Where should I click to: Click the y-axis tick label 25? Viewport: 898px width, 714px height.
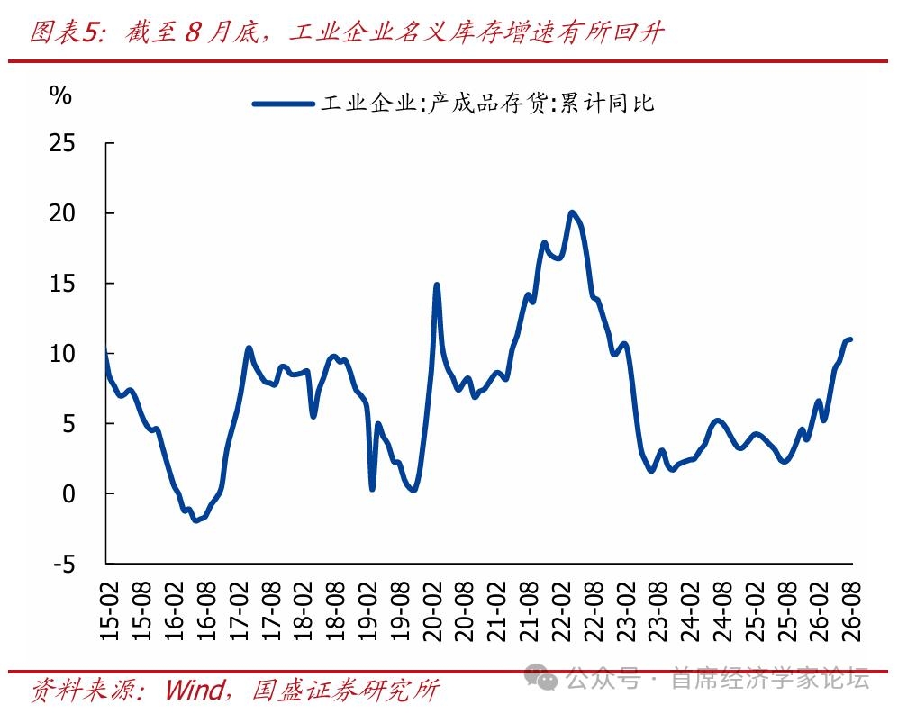tap(62, 143)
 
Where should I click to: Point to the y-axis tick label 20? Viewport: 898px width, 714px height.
tap(62, 213)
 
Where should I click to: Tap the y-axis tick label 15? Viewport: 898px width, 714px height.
tap(62, 284)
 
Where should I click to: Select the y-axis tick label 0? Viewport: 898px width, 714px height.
tap(68, 493)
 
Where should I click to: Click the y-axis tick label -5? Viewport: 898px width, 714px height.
tap(64, 565)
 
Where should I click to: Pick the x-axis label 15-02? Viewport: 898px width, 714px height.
tap(110, 611)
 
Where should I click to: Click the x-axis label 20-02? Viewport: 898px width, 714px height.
tap(433, 611)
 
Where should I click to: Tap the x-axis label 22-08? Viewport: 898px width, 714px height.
tap(595, 611)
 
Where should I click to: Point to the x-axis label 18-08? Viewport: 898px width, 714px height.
tap(336, 611)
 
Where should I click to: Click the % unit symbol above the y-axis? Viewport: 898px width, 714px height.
tap(60, 95)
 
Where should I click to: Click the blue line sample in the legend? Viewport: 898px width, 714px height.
tap(284, 104)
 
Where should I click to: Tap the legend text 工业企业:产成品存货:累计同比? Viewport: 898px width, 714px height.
tap(487, 104)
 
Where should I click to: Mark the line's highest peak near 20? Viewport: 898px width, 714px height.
tap(571, 212)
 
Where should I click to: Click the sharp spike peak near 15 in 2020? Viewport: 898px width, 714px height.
tap(437, 285)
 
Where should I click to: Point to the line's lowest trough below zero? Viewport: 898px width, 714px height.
tap(195, 520)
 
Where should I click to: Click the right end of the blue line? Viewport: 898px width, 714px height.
tap(850, 339)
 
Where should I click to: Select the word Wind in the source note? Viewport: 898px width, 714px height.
tap(195, 690)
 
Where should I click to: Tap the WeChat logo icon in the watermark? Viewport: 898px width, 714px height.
tap(540, 678)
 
